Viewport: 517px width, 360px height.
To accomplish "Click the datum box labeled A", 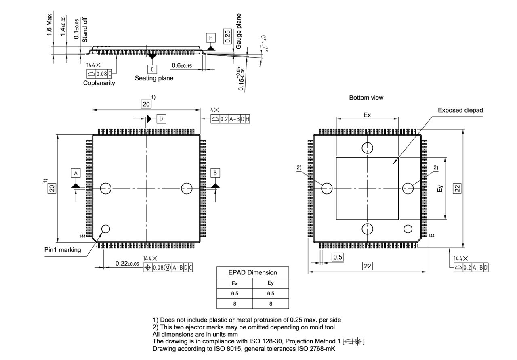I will click(76, 173).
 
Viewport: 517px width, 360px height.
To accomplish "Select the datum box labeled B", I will click(216, 173).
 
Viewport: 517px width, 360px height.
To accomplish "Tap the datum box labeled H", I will click(210, 38).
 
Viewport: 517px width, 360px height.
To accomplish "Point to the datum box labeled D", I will click(161, 119).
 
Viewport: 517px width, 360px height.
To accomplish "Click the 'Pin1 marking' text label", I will click(63, 250).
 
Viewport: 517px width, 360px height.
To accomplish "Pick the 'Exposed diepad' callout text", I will click(460, 110).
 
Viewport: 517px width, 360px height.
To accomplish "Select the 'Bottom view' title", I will click(366, 98).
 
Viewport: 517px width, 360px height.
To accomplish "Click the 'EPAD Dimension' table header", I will click(253, 272).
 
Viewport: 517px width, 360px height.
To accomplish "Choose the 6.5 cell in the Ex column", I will click(235, 293).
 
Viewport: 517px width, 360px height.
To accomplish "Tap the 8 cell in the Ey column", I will click(271, 303).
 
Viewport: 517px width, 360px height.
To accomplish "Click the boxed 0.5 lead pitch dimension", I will click(338, 257).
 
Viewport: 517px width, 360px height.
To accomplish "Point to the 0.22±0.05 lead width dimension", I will click(127, 264).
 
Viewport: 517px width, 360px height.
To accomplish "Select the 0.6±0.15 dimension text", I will click(182, 65).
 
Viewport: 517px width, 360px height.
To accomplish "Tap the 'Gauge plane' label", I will click(239, 31).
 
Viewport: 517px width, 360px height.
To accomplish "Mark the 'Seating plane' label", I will click(154, 78).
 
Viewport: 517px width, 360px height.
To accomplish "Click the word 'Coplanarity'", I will click(99, 83).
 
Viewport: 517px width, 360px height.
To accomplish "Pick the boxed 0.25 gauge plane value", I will click(227, 36).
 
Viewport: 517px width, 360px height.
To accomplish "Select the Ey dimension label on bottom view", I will click(440, 188).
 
